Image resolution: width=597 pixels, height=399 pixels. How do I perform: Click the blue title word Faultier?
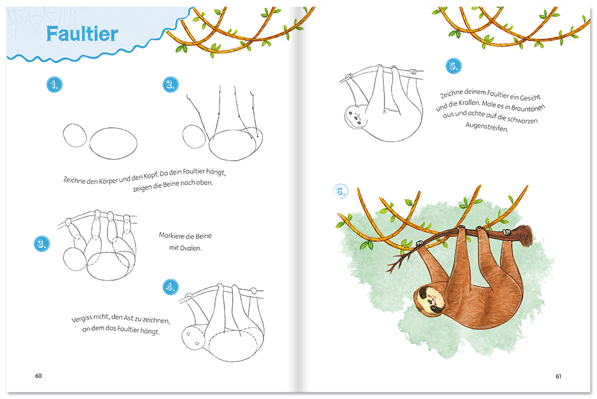pos(82,33)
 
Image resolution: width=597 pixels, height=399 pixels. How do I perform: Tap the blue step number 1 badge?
pos(54,84)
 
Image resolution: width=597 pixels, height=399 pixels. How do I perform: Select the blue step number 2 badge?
pos(170,84)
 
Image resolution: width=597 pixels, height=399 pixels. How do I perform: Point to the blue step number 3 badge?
pos(42,244)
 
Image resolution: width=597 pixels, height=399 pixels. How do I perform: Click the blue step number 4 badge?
pos(170,287)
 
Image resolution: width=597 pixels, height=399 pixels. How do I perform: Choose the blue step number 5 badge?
pos(454,66)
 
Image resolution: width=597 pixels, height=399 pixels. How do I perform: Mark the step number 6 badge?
pos(340,191)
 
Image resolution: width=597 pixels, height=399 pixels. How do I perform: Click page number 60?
pos(38,376)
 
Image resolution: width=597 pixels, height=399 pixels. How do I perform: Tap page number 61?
pos(558,376)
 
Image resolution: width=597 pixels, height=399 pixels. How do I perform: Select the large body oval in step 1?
pos(113,143)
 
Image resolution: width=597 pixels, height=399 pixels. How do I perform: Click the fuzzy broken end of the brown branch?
pos(525,235)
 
